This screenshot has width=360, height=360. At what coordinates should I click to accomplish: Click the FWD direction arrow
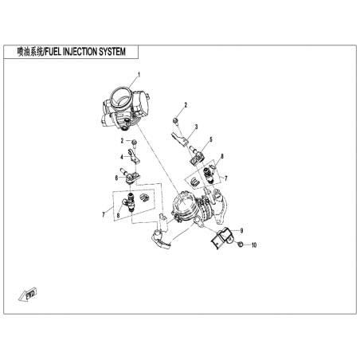tap(28, 294)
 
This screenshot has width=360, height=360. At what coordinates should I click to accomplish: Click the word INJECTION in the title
tap(80, 52)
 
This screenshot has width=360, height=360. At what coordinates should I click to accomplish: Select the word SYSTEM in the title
tap(112, 52)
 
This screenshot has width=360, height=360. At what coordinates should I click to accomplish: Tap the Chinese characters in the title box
tap(29, 52)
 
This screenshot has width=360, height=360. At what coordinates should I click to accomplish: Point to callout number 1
tap(139, 75)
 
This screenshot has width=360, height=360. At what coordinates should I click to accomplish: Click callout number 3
tap(196, 127)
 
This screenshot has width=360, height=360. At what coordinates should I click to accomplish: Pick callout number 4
tap(122, 158)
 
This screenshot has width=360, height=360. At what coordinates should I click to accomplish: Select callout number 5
tap(211, 139)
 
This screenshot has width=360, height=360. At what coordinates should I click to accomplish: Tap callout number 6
tap(116, 178)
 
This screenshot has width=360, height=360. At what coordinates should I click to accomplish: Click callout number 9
tap(241, 231)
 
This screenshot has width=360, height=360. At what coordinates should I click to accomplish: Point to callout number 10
tap(254, 245)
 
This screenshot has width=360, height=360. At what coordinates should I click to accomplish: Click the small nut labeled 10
tap(239, 245)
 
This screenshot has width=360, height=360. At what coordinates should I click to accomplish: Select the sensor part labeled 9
tap(221, 237)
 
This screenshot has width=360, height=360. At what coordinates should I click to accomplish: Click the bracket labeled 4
tap(134, 157)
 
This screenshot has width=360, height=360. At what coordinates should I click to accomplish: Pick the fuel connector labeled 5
tap(196, 158)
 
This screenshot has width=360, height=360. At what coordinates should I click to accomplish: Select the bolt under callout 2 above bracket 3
tap(176, 121)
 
